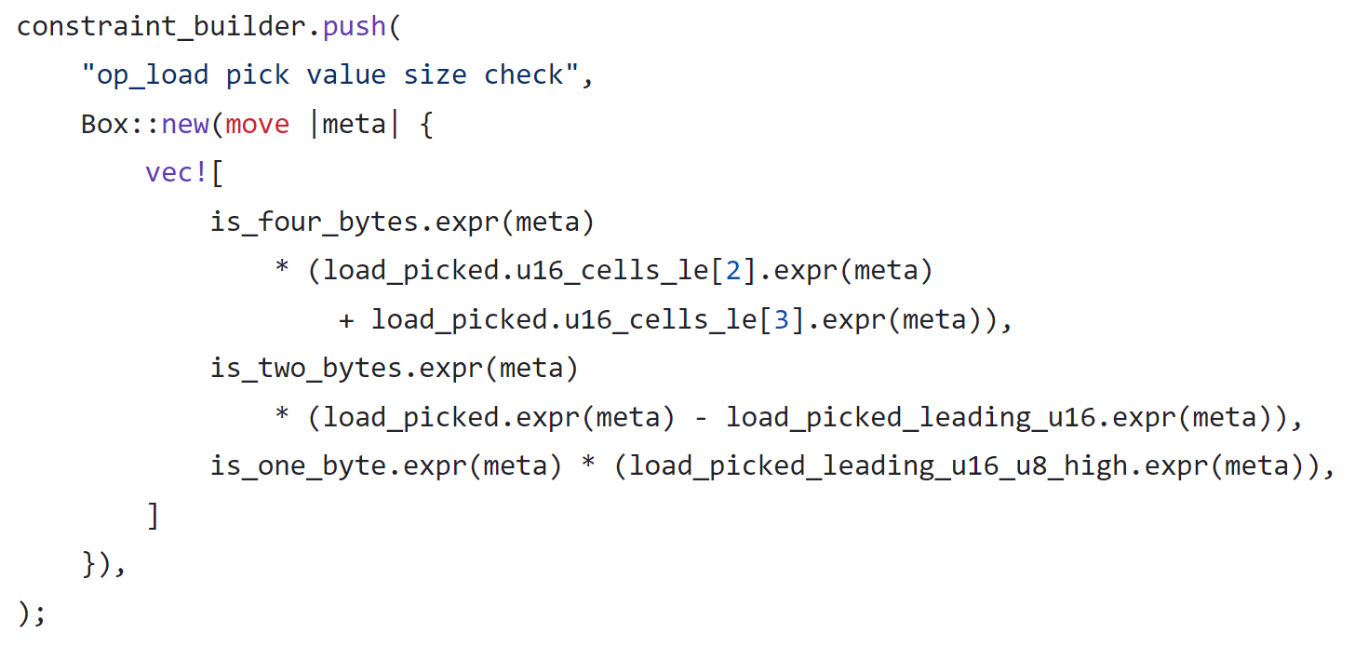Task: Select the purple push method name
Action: (x=355, y=26)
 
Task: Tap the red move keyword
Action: (x=258, y=124)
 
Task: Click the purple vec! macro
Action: (x=176, y=173)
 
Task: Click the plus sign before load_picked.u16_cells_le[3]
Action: (x=347, y=320)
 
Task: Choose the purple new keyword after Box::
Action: (x=185, y=124)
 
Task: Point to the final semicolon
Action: (x=40, y=613)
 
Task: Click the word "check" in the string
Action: (x=524, y=75)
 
